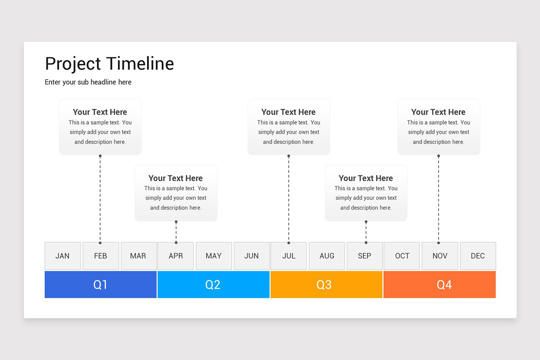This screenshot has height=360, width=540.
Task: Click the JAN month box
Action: coord(63,256)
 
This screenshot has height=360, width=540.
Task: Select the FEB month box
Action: coord(101,256)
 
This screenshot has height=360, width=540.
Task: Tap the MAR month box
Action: coord(139,256)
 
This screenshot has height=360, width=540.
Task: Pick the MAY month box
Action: coord(214,256)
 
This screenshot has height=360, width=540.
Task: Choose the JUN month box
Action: coord(252,256)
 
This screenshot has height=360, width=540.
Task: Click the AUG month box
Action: coord(327,256)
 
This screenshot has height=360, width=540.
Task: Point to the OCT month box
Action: coord(402,256)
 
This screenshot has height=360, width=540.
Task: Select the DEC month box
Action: coord(478,256)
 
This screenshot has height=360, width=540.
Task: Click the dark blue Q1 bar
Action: coord(101,284)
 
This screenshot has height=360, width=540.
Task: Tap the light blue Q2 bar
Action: coord(213,284)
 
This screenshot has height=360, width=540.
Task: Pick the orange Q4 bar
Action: coord(439,284)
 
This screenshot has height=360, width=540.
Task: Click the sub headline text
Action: coord(88,82)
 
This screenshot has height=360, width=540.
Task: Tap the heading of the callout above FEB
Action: coord(100,112)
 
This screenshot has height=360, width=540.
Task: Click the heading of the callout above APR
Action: coord(175,178)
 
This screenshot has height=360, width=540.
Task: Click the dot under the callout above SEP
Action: coord(366,221)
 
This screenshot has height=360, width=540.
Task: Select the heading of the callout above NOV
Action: coord(438,112)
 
